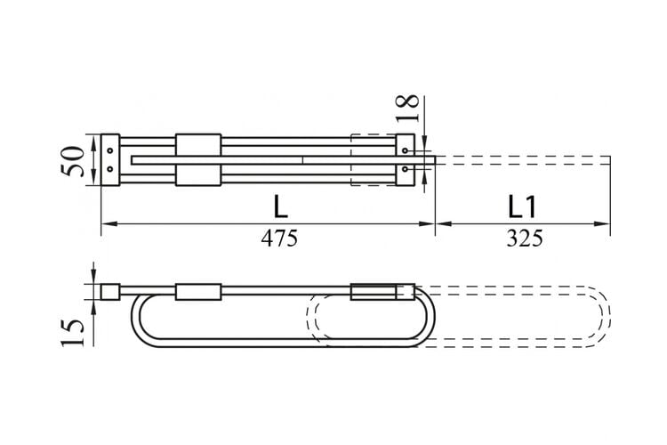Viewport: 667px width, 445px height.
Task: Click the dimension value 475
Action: (x=279, y=238)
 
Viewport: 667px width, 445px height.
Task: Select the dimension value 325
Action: (x=525, y=238)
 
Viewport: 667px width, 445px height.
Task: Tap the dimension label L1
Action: (x=522, y=207)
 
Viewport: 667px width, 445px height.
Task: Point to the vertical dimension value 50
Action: (x=71, y=161)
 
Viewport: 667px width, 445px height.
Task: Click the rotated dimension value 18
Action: (x=407, y=109)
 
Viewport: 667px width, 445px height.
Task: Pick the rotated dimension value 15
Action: (x=72, y=332)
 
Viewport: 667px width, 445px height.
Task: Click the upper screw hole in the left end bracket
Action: (x=110, y=150)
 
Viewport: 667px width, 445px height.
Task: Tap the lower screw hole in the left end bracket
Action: (x=110, y=169)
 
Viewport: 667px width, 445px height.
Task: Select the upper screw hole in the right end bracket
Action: (x=405, y=150)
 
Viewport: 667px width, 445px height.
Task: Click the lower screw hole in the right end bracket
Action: (x=405, y=169)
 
